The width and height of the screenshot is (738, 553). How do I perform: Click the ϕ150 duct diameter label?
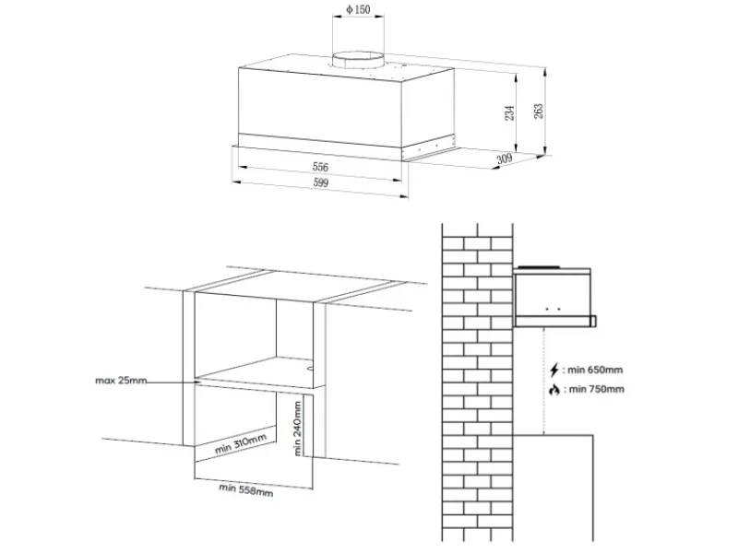coord(358,9)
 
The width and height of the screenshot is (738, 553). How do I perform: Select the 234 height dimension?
coord(509,112)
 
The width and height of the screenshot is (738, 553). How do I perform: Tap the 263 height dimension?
coord(539,111)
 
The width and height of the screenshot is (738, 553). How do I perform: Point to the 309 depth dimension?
coord(504,159)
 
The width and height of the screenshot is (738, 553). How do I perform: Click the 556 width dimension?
coord(320,167)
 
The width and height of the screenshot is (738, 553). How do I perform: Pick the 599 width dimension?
coord(321,182)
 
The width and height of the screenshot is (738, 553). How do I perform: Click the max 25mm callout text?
coord(121,381)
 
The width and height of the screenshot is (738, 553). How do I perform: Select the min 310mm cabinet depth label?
coord(241,443)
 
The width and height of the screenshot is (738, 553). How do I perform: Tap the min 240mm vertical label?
coord(297,429)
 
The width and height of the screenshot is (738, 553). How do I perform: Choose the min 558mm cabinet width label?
coord(245,489)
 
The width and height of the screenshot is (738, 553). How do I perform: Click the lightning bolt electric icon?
coord(554,371)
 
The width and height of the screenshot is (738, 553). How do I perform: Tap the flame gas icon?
coord(554,390)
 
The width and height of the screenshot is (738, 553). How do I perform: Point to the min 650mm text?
coord(595,371)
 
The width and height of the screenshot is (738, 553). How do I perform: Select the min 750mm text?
coord(596,389)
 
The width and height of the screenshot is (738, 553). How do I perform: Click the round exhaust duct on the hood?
coord(358,62)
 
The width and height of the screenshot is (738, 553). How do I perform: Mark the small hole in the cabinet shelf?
coord(310,368)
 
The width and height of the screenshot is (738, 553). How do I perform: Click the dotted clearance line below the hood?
coord(544,381)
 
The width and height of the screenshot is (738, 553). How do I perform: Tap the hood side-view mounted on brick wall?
coord(554,297)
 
